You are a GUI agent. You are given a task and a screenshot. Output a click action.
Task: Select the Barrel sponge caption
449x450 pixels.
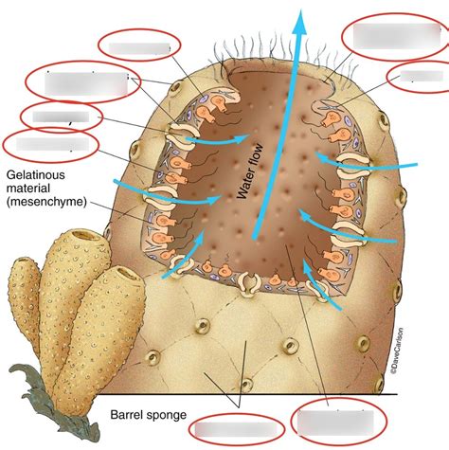(146, 413)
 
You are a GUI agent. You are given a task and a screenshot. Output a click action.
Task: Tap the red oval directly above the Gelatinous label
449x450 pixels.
(49, 145)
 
